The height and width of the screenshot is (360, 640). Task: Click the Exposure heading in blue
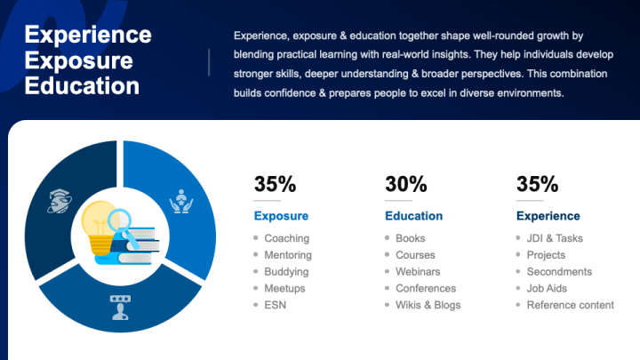click(x=281, y=216)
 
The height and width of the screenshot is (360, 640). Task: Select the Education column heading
click(x=413, y=216)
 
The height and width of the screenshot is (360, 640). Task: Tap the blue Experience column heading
click(x=548, y=216)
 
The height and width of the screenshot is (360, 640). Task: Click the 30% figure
click(x=406, y=185)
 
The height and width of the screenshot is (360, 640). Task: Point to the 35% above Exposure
click(x=275, y=185)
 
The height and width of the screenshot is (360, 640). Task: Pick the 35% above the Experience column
click(x=537, y=185)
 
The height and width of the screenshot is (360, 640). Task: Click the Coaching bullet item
click(x=286, y=238)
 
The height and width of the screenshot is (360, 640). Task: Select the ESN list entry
click(x=275, y=305)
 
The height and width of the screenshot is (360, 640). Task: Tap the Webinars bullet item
click(x=418, y=272)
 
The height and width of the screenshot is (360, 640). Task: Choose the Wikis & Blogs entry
click(x=428, y=305)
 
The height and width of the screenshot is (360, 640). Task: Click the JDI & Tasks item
click(x=555, y=238)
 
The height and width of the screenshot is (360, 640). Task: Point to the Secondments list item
click(x=559, y=272)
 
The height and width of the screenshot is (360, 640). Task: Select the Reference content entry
click(x=570, y=305)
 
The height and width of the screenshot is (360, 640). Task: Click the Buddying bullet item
click(x=286, y=272)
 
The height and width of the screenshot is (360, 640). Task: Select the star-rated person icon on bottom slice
click(x=118, y=308)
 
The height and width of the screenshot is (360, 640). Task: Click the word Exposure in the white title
click(x=79, y=60)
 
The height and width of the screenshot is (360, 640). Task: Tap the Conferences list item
click(x=426, y=289)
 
